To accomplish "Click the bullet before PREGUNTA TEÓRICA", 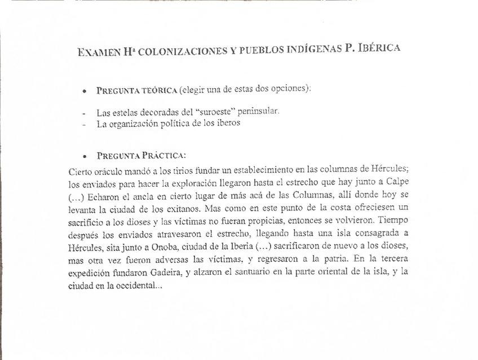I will [x=84, y=91].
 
